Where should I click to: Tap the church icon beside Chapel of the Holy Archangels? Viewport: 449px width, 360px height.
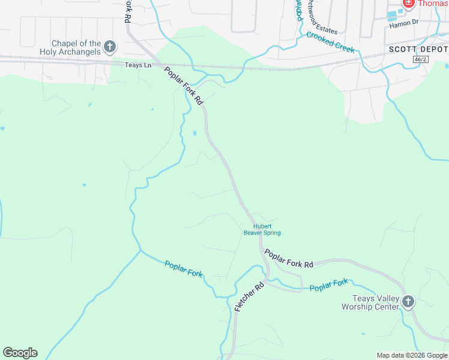pos(110,46)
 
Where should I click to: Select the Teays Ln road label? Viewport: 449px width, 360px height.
pos(138,65)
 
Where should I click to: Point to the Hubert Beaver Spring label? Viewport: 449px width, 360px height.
pos(262,230)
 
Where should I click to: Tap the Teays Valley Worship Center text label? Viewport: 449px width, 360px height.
pos(370,302)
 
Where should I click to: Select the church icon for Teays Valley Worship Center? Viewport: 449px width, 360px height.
pos(408,301)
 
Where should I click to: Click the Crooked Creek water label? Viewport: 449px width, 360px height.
pos(330,42)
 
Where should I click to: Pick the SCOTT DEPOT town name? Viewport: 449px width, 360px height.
pos(418,49)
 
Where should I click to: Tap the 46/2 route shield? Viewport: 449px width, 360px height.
pos(421,59)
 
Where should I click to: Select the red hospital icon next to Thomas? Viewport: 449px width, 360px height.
pos(409,4)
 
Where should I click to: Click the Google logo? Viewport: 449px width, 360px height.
pos(20,353)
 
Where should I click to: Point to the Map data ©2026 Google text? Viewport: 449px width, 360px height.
pos(412,355)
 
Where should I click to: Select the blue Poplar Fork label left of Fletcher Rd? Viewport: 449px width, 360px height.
pos(184,269)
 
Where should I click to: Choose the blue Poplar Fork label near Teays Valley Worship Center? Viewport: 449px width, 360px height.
pos(329,286)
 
